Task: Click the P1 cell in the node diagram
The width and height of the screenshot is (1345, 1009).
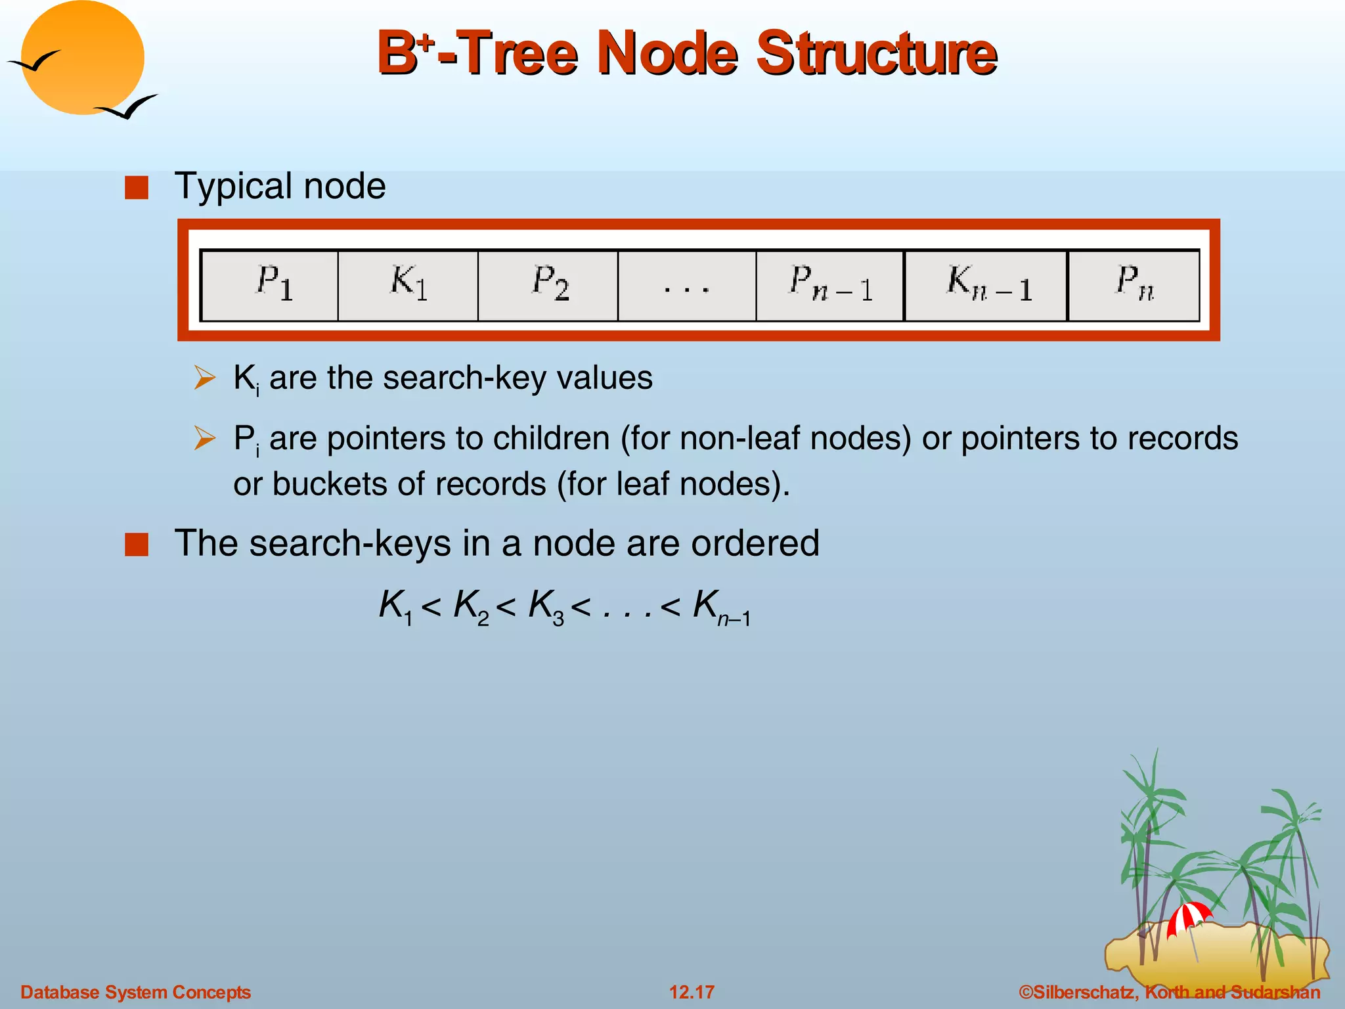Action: [270, 285]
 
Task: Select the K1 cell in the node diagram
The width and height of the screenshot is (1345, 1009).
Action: [408, 285]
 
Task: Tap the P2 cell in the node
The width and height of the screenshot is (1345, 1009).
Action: [548, 285]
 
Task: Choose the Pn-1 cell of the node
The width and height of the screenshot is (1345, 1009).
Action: [830, 285]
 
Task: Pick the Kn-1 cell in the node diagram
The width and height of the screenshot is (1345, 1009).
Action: [986, 285]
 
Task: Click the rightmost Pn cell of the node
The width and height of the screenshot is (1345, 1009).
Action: [1134, 285]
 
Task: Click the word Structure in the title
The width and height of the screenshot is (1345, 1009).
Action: [876, 54]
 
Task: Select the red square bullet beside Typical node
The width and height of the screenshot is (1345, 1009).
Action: [137, 188]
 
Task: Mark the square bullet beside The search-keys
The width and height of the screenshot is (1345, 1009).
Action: [137, 545]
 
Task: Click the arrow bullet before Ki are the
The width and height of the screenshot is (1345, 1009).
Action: [205, 378]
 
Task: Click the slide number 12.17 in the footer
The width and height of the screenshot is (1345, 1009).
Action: [692, 992]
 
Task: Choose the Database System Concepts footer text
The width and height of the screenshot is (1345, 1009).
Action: [136, 992]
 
